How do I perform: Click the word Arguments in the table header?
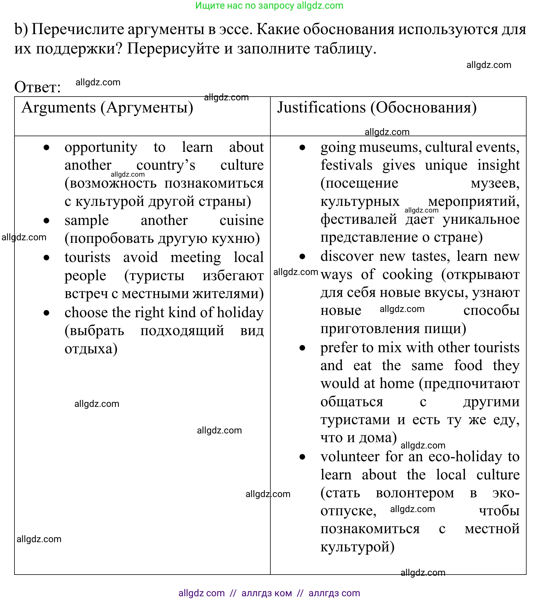click(x=58, y=108)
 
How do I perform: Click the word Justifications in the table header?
click(x=321, y=108)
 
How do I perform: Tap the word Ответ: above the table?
click(x=37, y=87)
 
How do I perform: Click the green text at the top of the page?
click(x=269, y=5)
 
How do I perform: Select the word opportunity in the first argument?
click(x=101, y=147)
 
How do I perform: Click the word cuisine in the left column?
click(x=241, y=221)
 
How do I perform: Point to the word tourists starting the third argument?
click(x=87, y=257)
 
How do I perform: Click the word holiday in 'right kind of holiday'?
click(x=240, y=313)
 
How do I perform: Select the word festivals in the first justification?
click(x=346, y=165)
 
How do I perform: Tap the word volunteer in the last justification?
click(x=350, y=457)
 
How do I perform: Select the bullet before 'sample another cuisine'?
click(x=47, y=221)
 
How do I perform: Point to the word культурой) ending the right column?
click(x=357, y=547)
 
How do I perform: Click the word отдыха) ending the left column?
click(x=91, y=349)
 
